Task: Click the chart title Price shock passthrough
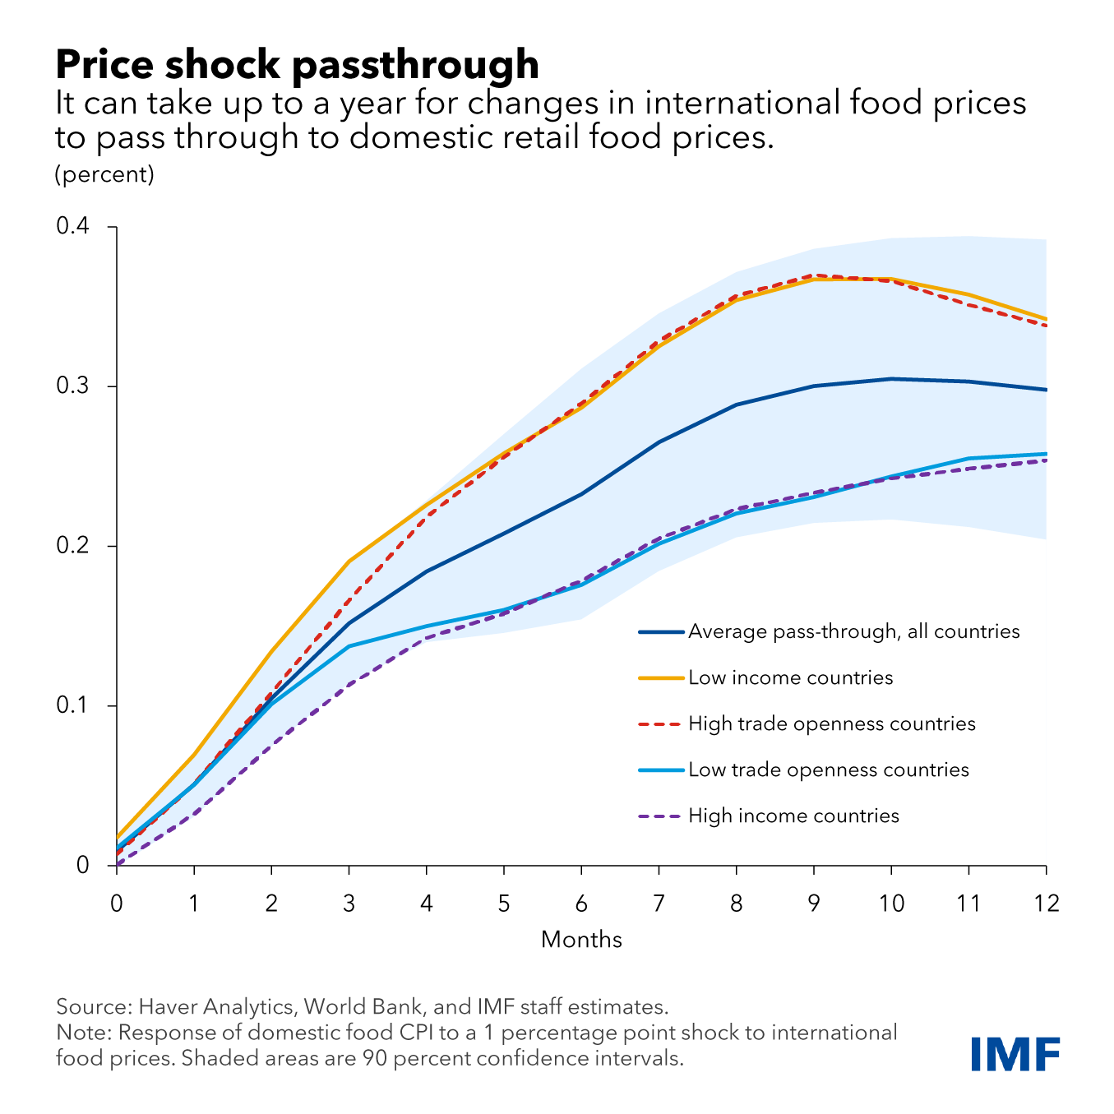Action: (297, 64)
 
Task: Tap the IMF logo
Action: (1015, 1055)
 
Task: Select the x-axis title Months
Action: (581, 940)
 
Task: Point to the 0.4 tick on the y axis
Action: (72, 226)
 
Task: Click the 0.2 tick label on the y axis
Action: (72, 546)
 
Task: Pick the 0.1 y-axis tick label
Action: (72, 705)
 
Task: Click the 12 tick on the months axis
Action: (1046, 904)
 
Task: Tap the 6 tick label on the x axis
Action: (581, 904)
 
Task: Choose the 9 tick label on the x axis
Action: (814, 904)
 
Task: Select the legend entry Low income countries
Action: (790, 678)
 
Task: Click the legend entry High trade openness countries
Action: (831, 724)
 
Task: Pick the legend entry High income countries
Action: (793, 816)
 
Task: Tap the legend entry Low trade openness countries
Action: (828, 770)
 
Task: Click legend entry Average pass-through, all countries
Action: (853, 632)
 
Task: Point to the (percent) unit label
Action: (104, 175)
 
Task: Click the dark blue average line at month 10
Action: (891, 379)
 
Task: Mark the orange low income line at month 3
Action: (349, 562)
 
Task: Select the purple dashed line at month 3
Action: (349, 684)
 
